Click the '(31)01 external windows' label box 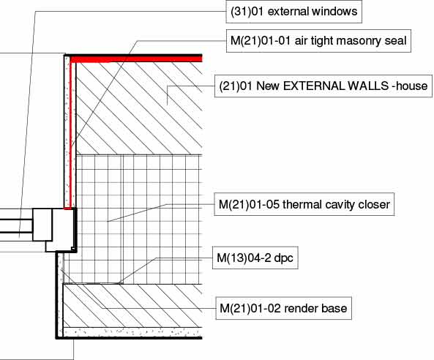294,12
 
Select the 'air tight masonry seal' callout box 318,41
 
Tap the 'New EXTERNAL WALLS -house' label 323,86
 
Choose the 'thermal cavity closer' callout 304,204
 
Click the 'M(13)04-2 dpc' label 255,258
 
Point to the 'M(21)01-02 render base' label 283,308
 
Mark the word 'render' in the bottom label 299,309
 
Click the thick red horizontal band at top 136,59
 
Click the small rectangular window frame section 42,225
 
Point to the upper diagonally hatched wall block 139,108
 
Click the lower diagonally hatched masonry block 133,306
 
